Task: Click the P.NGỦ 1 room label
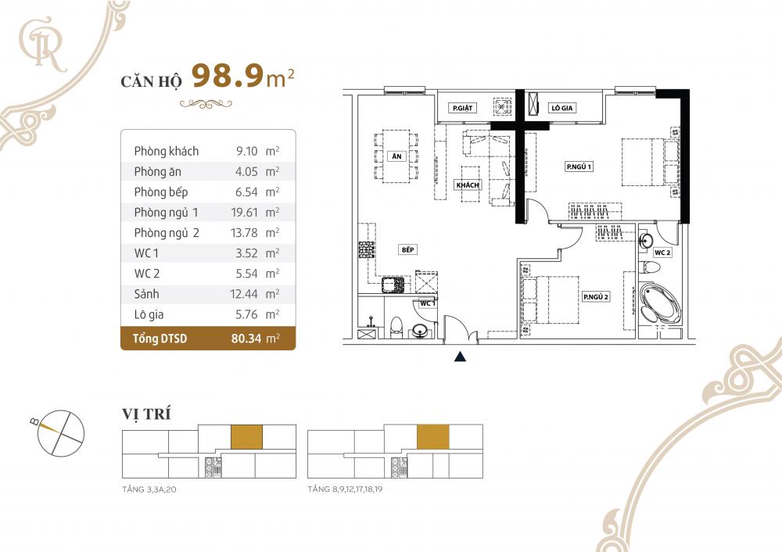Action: pos(580,166)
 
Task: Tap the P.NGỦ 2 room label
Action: pos(595,297)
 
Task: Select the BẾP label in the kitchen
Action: pos(407,249)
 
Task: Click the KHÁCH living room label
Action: pos(467,185)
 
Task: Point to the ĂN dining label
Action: pos(396,156)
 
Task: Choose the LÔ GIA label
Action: pos(562,108)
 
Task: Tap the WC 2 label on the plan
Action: pos(662,253)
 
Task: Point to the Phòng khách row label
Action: pos(166,151)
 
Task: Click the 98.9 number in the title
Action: pos(228,78)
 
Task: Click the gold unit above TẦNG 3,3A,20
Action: pos(246,436)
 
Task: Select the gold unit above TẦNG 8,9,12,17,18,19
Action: pos(432,436)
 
